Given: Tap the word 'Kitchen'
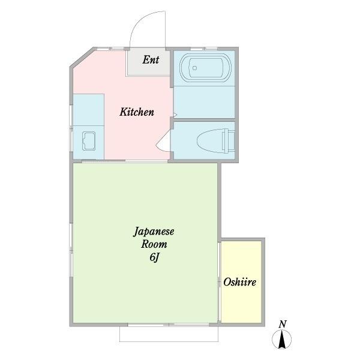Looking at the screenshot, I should pos(137,112).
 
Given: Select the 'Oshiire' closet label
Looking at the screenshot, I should pos(240,282).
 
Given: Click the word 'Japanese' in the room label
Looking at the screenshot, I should pos(153,232).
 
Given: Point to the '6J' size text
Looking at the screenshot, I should pos(154,258).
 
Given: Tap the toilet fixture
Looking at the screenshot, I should pos(210,140).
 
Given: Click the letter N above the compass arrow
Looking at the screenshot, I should pos(282,325).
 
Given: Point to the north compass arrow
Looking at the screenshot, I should pos(282,341).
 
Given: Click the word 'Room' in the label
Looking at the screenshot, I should pos(154,245).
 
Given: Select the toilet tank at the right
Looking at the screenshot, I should pos(228,140).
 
